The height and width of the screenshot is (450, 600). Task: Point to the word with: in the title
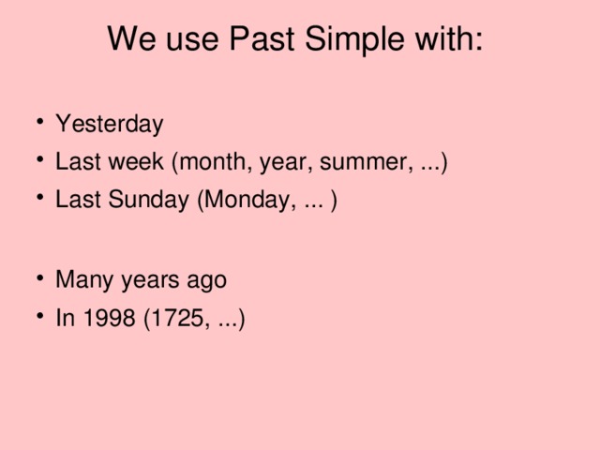click(451, 39)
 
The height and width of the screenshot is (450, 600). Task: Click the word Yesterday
click(110, 125)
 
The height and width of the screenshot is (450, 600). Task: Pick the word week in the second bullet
click(137, 163)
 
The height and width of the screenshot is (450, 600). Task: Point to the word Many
click(80, 280)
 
